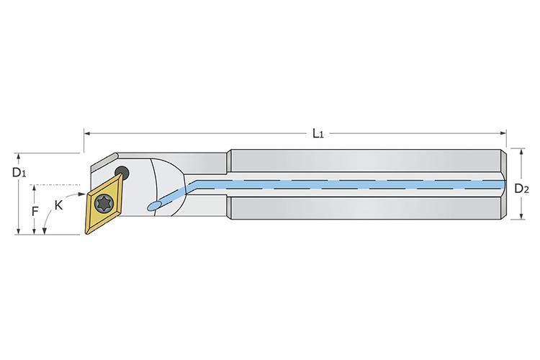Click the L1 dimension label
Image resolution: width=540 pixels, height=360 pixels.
(x=316, y=134)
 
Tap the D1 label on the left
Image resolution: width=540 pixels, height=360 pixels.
(x=19, y=173)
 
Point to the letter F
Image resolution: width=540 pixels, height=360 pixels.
(x=35, y=211)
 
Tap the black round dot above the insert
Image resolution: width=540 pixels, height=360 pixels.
(x=124, y=173)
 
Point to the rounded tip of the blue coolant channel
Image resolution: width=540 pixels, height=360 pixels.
(x=151, y=207)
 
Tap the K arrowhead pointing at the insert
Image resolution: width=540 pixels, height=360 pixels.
(x=81, y=194)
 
